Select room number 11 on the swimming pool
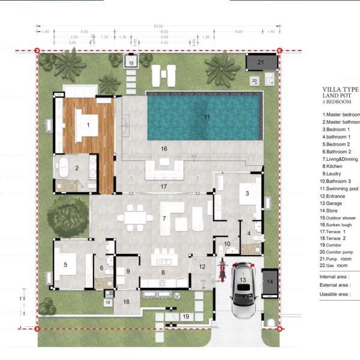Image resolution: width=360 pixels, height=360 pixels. click(206, 117)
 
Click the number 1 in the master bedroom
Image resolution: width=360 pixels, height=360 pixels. click(88, 125)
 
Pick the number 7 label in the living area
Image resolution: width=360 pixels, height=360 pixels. click(163, 219)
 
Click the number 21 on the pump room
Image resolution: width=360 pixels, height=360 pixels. click(260, 62)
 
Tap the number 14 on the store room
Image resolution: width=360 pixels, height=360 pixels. click(269, 281)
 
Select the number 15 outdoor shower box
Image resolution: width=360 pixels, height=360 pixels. click(131, 62)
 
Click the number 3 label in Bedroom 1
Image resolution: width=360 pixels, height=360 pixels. click(247, 193)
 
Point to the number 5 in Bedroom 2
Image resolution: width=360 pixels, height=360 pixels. click(65, 263)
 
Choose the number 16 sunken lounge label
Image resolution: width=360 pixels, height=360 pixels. click(163, 148)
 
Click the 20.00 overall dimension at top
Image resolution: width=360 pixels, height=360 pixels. click(158, 26)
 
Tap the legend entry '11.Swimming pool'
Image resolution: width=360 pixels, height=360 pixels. click(340, 188)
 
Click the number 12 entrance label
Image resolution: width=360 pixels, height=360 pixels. click(202, 266)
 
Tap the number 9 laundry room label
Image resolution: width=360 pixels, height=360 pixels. click(127, 271)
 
